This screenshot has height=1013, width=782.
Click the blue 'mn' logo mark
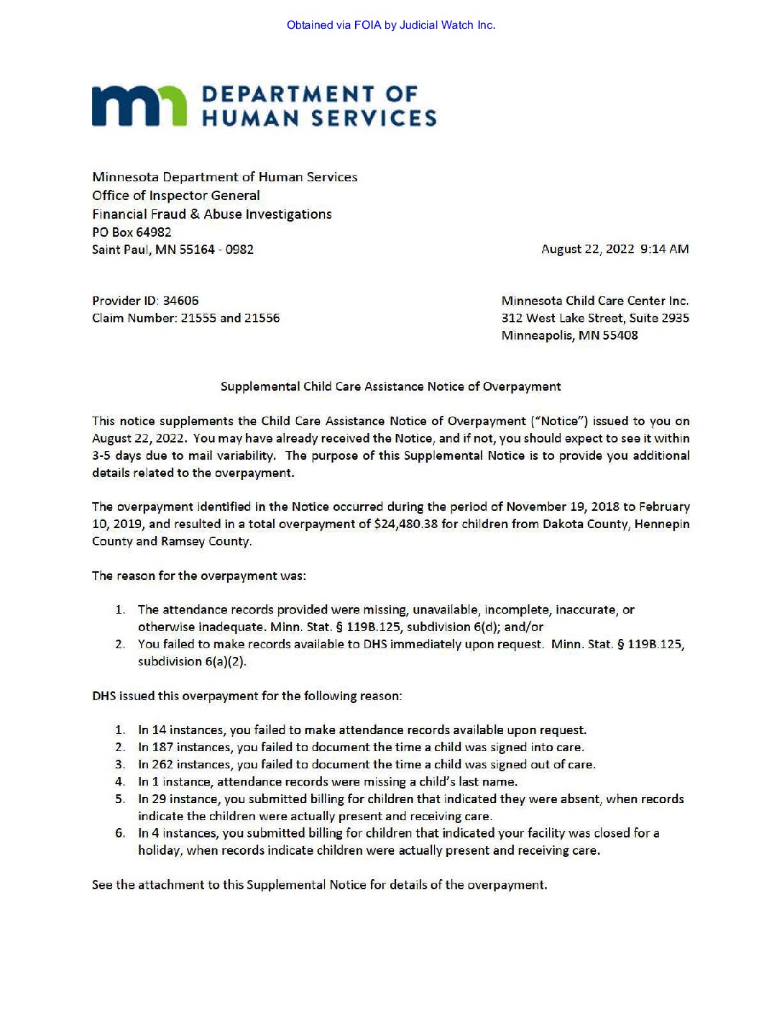[139, 107]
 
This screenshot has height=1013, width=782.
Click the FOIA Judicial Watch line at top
[390, 25]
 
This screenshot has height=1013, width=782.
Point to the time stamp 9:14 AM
[664, 249]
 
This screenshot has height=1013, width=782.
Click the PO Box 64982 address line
[132, 232]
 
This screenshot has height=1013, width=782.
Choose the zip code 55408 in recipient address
[620, 335]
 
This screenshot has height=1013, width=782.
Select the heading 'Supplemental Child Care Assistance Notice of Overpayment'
[390, 386]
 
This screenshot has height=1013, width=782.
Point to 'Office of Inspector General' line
[176, 195]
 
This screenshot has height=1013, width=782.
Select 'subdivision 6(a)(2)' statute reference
[192, 661]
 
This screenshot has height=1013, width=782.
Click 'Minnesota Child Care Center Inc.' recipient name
[595, 301]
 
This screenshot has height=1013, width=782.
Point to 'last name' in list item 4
[492, 781]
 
